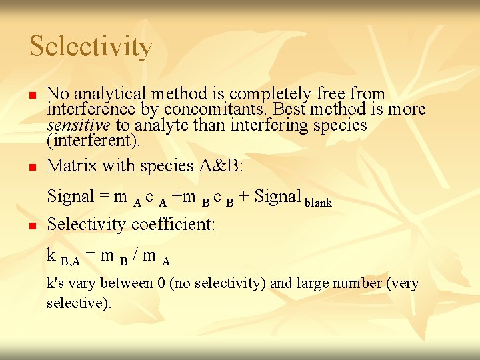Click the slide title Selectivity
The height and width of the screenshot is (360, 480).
click(91, 47)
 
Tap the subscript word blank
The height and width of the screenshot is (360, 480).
click(318, 202)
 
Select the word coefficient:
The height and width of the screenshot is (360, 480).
click(173, 224)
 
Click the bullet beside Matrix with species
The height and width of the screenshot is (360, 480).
click(31, 166)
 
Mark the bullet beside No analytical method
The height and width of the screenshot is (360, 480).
click(31, 95)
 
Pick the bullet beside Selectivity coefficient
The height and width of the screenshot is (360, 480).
click(31, 225)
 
